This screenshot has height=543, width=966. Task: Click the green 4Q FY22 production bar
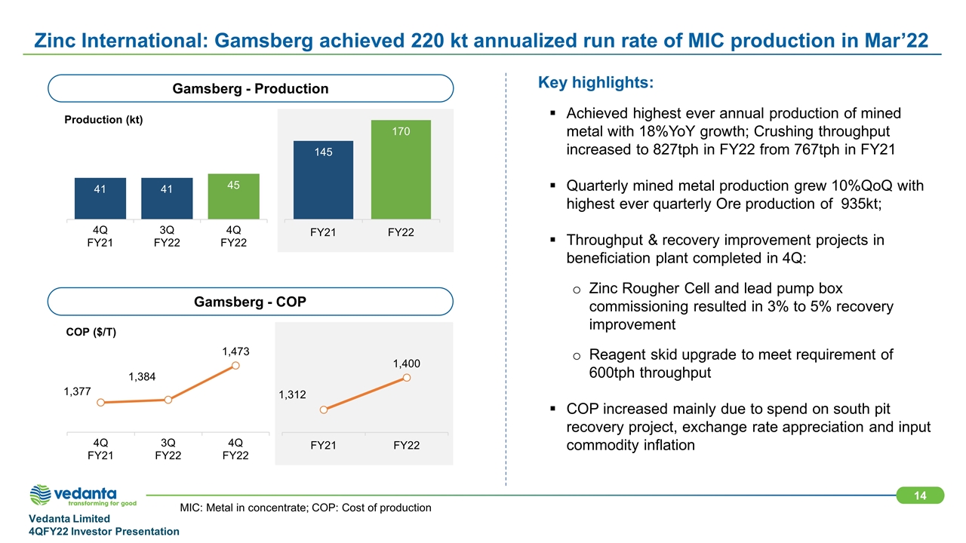click(234, 196)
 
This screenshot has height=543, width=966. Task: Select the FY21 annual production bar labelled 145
click(323, 179)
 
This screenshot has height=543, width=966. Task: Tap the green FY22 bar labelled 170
click(401, 169)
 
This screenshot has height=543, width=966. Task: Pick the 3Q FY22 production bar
click(167, 198)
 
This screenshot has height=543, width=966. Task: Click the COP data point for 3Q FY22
click(168, 400)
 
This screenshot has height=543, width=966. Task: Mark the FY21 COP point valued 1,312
click(323, 410)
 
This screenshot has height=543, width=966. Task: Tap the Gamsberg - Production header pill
click(251, 88)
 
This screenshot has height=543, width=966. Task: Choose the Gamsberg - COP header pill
click(251, 302)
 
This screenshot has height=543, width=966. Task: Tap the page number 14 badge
click(920, 495)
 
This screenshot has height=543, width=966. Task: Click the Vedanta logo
click(83, 495)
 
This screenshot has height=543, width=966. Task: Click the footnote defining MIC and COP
click(306, 508)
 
